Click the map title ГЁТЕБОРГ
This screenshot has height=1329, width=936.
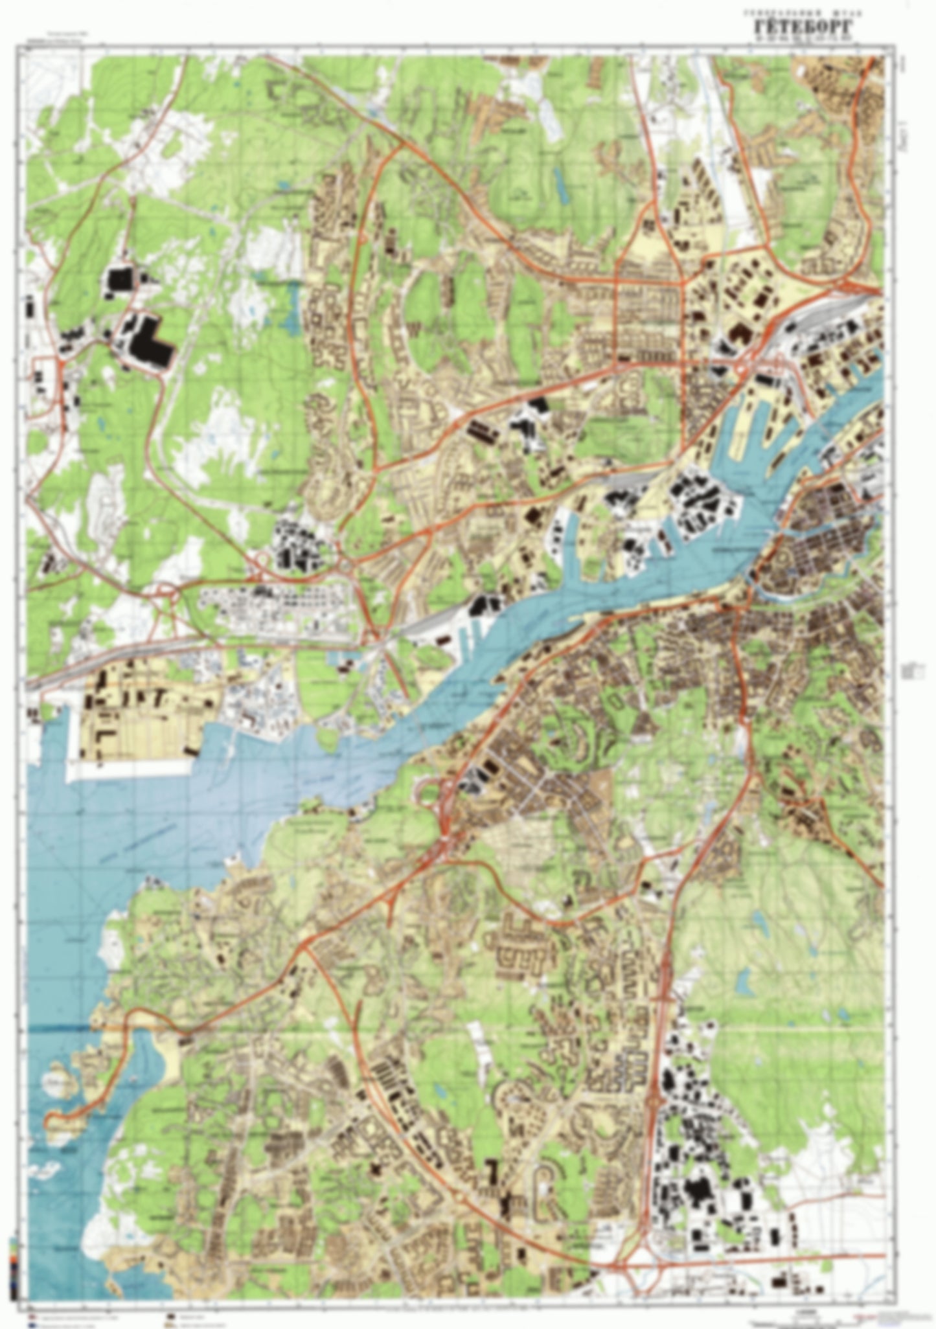click(803, 27)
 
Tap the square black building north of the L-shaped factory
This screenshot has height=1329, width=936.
click(119, 280)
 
